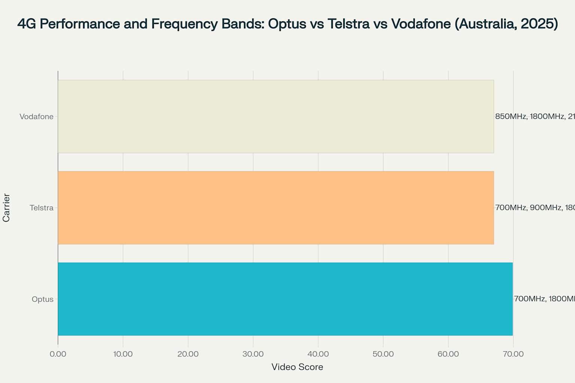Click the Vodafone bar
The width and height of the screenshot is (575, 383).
point(276,116)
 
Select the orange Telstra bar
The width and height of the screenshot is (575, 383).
point(276,208)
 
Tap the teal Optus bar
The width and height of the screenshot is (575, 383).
point(285,299)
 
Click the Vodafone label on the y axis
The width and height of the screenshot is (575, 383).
point(36,117)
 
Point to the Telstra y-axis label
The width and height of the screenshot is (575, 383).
point(42,208)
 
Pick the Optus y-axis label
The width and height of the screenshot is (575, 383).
point(43,299)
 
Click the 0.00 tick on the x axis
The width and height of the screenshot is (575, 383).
point(58,354)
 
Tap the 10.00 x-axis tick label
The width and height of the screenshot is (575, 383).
point(123,354)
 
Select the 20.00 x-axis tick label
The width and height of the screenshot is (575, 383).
point(188,354)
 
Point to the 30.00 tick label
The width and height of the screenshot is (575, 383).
point(253,354)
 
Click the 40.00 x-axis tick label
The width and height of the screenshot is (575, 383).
point(318,354)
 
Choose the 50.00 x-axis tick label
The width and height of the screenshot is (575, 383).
point(383,354)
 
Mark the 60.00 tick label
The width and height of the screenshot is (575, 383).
point(448,354)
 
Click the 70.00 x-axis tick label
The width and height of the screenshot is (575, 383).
point(513,354)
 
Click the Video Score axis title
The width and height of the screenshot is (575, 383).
point(297,367)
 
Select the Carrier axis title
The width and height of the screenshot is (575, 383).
point(6,208)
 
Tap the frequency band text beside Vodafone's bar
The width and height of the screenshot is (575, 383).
point(535,116)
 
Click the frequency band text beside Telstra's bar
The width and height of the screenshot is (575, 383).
point(535,208)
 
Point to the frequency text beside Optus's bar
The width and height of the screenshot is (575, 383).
point(544,299)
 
